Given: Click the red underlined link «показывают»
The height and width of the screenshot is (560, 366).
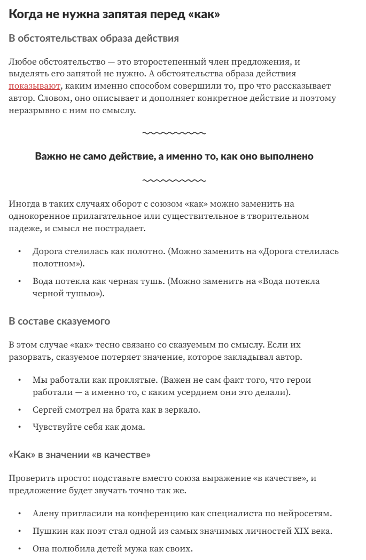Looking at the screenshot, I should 35,85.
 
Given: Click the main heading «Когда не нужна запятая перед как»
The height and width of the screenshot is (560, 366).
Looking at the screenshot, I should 114,15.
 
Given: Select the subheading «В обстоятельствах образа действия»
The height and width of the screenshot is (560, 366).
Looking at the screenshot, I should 94,38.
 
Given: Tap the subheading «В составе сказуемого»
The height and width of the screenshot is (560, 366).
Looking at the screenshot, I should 59,321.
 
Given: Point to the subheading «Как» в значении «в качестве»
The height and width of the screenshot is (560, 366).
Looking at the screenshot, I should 80,455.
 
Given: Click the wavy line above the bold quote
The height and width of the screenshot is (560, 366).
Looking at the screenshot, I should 174,133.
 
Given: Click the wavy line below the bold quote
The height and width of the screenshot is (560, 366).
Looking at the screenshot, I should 174,180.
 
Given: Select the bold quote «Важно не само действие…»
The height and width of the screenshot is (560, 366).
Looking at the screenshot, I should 174,156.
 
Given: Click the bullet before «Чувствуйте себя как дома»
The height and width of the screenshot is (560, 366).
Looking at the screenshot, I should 20,427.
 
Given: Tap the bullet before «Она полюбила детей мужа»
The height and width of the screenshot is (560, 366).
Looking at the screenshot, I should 20,549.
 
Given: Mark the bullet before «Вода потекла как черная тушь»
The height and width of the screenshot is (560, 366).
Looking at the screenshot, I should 20,281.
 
